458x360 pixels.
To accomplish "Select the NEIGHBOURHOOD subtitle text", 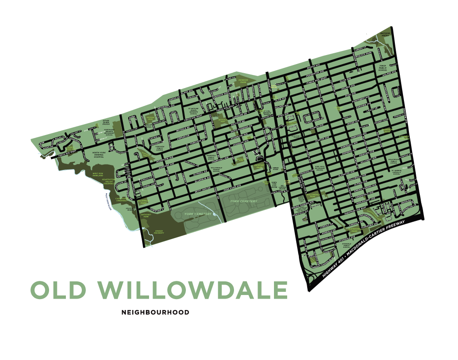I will tap(155, 313).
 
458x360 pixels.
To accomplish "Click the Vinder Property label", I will tap(159, 232).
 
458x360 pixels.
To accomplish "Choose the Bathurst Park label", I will tap(146, 215).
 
